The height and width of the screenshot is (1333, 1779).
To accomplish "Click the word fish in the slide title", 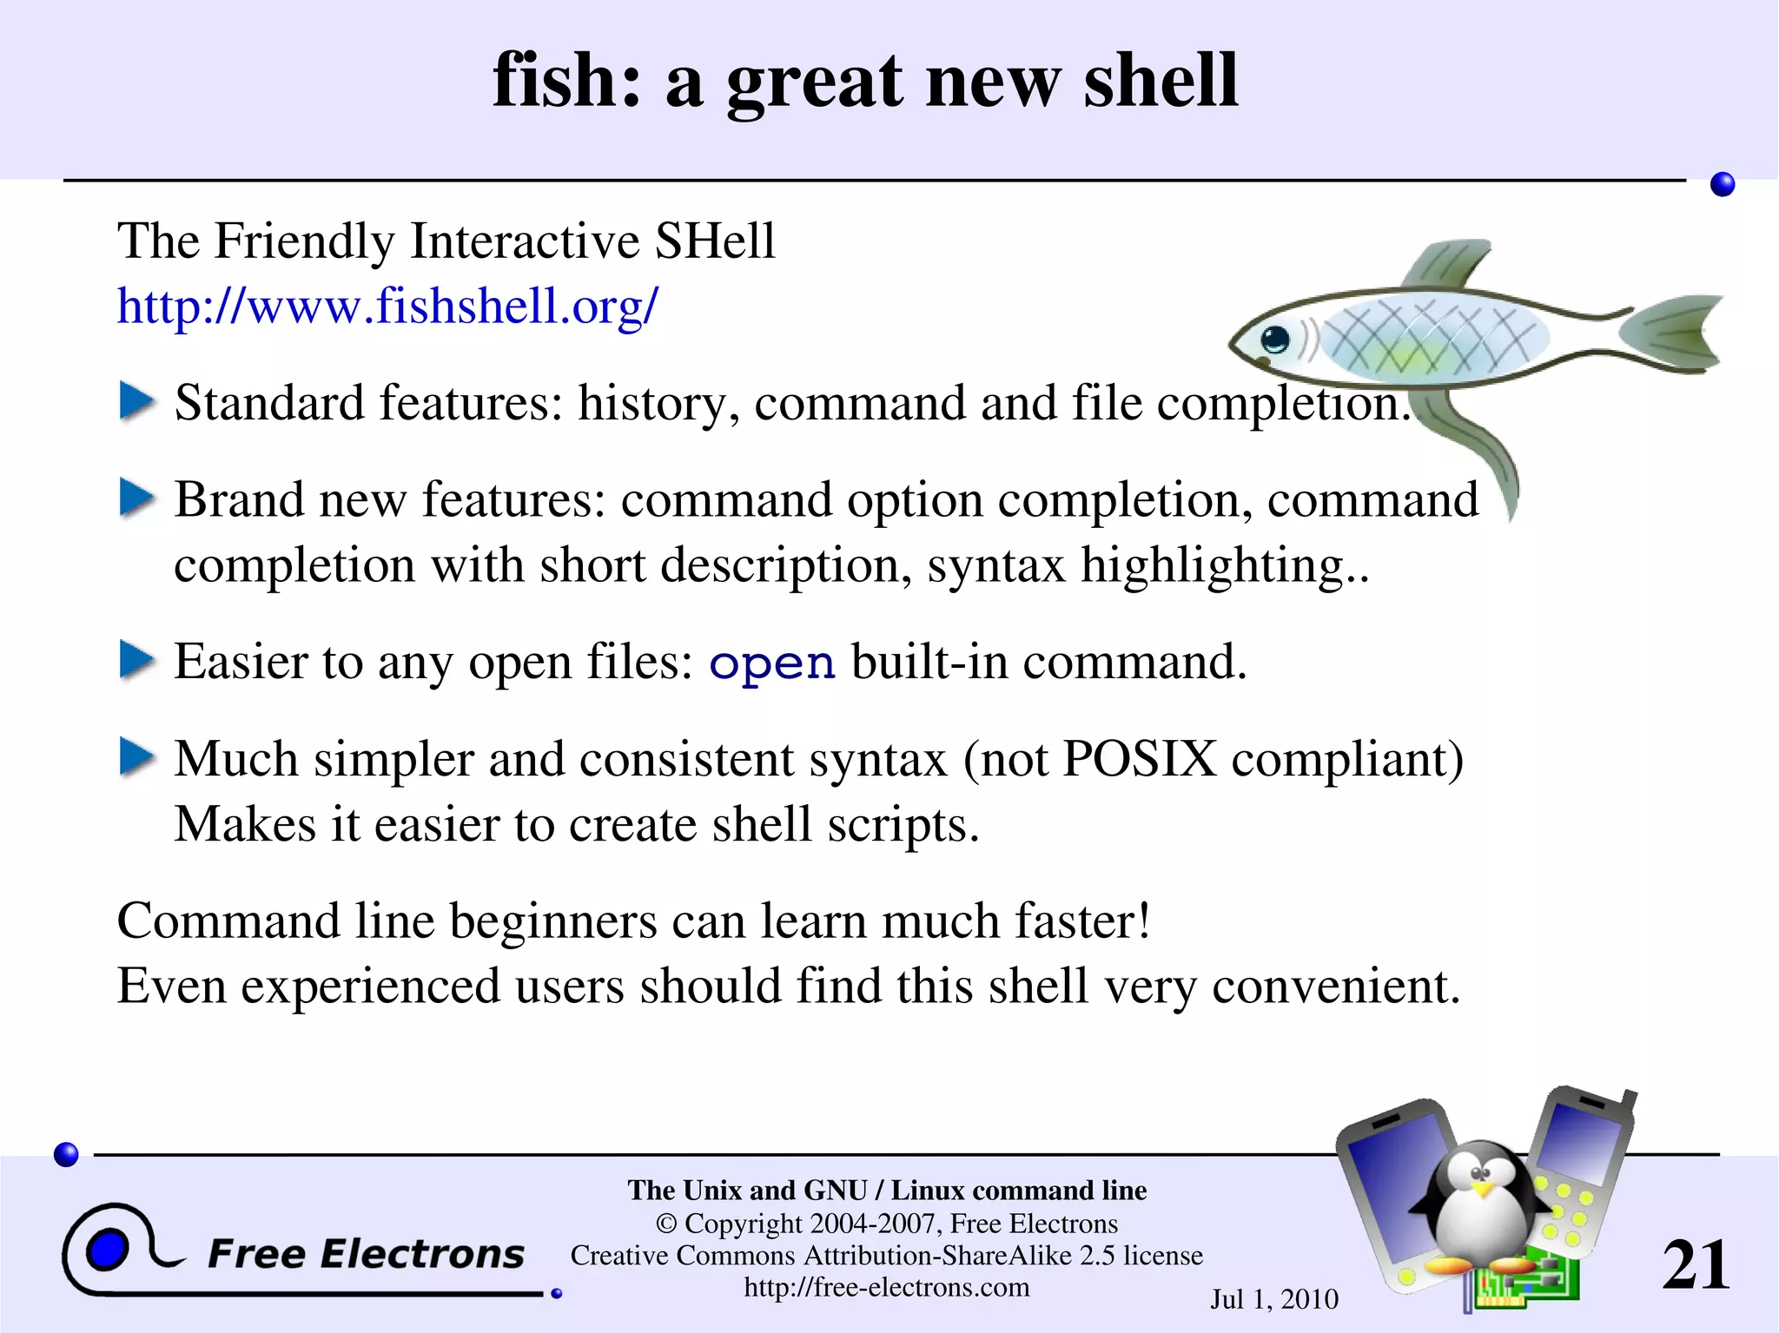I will [565, 80].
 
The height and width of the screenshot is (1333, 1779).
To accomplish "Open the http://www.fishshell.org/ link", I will [387, 306].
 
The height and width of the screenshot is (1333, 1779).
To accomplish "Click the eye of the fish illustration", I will [1274, 338].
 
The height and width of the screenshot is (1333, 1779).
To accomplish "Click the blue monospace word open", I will [771, 664].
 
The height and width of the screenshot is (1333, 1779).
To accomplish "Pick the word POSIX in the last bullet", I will [1139, 759].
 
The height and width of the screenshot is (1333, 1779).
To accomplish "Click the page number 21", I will [1695, 1264].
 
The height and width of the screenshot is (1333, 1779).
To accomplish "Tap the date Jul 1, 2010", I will [1273, 1299].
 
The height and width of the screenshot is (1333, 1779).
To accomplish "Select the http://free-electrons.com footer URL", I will [886, 1287].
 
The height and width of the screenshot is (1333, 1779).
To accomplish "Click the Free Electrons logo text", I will [366, 1254].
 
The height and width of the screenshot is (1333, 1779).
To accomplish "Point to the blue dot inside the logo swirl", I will [108, 1251].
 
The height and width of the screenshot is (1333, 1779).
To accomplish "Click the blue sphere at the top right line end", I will [1722, 184].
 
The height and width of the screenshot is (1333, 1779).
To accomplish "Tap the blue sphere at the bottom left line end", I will [66, 1154].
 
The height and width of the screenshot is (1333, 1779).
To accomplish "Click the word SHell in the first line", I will [714, 241].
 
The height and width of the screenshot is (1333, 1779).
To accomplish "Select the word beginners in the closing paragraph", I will [553, 921].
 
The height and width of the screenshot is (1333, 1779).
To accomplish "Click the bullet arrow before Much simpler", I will [136, 756].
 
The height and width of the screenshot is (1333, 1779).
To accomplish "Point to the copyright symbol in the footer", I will [666, 1224].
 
